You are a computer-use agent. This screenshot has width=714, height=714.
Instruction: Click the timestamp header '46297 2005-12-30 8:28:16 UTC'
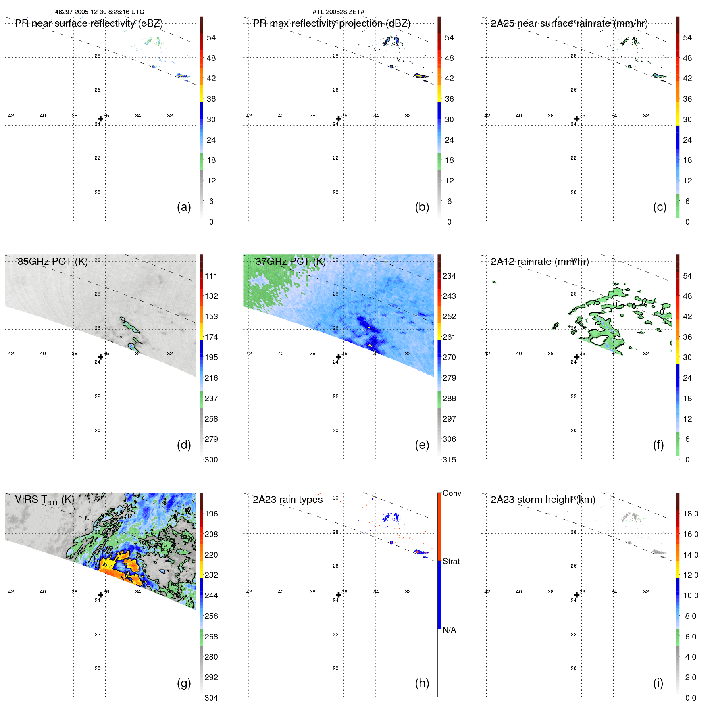click(99, 12)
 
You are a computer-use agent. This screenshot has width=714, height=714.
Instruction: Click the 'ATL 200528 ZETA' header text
click(338, 12)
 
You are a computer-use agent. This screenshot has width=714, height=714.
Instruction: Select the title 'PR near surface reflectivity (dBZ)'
click(89, 23)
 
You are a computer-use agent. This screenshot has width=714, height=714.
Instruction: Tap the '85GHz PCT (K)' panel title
click(52, 261)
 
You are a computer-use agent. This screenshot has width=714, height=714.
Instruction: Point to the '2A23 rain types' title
click(287, 500)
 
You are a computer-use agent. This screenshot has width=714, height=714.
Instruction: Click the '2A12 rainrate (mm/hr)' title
click(540, 261)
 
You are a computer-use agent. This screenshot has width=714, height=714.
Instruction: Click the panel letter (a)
click(184, 207)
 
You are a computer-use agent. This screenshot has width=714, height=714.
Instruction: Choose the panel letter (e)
click(422, 445)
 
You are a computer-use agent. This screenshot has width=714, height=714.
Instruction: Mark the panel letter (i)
click(658, 683)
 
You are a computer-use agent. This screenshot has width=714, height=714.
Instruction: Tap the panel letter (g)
click(184, 683)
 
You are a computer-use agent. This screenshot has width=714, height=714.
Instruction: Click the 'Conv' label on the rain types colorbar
click(452, 493)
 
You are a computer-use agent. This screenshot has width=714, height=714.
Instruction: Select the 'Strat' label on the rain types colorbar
click(451, 561)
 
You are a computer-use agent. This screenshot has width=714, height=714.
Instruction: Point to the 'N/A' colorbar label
click(449, 630)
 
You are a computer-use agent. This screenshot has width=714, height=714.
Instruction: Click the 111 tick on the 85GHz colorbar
click(211, 276)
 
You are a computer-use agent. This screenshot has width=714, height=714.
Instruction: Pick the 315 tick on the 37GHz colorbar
click(449, 460)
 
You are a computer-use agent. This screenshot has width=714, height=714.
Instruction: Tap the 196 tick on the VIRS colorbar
click(211, 514)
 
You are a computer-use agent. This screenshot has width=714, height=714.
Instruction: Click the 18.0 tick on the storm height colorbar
click(691, 514)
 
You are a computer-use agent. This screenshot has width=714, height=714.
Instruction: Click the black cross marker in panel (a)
click(100, 119)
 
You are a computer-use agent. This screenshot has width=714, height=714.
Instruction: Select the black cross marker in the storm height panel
click(577, 595)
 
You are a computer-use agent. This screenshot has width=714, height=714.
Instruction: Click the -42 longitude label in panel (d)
click(10, 354)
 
